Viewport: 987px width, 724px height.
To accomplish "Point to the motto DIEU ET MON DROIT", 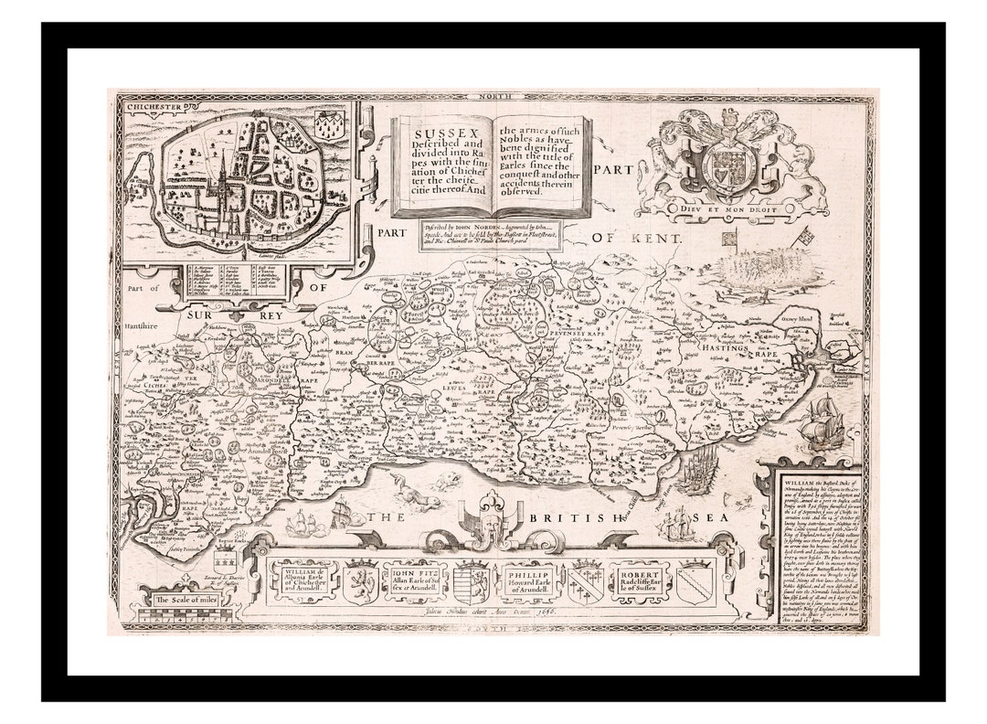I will (731, 208).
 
